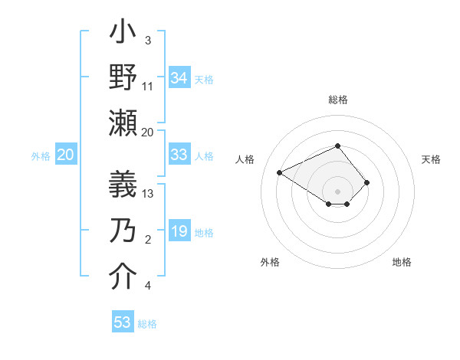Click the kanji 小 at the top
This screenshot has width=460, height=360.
point(123,34)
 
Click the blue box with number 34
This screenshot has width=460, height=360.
point(179,78)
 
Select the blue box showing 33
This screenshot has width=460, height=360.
point(179,155)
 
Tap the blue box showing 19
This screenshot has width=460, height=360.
point(179,231)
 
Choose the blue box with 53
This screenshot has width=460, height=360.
point(123,322)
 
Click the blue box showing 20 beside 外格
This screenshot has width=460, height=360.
point(65,155)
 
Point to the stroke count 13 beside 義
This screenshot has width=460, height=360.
point(149,194)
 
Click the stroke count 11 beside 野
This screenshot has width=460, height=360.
point(149,86)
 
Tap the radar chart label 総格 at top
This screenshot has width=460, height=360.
point(337,100)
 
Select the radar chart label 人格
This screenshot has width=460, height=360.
point(245,159)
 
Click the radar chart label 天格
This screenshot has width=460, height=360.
point(431,159)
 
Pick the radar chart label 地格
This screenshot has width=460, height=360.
point(402,262)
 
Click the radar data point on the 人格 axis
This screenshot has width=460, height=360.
point(280,172)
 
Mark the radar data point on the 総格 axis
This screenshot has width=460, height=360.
point(337,146)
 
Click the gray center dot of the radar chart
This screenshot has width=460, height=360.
point(337,191)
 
